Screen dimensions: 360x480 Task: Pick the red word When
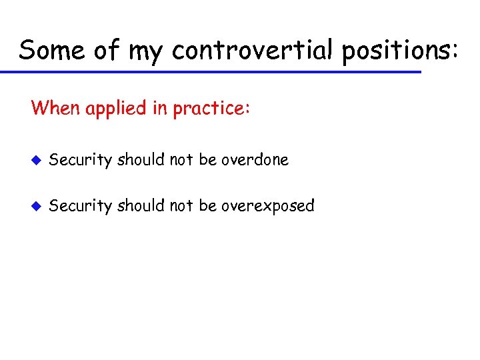click(x=55, y=108)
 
